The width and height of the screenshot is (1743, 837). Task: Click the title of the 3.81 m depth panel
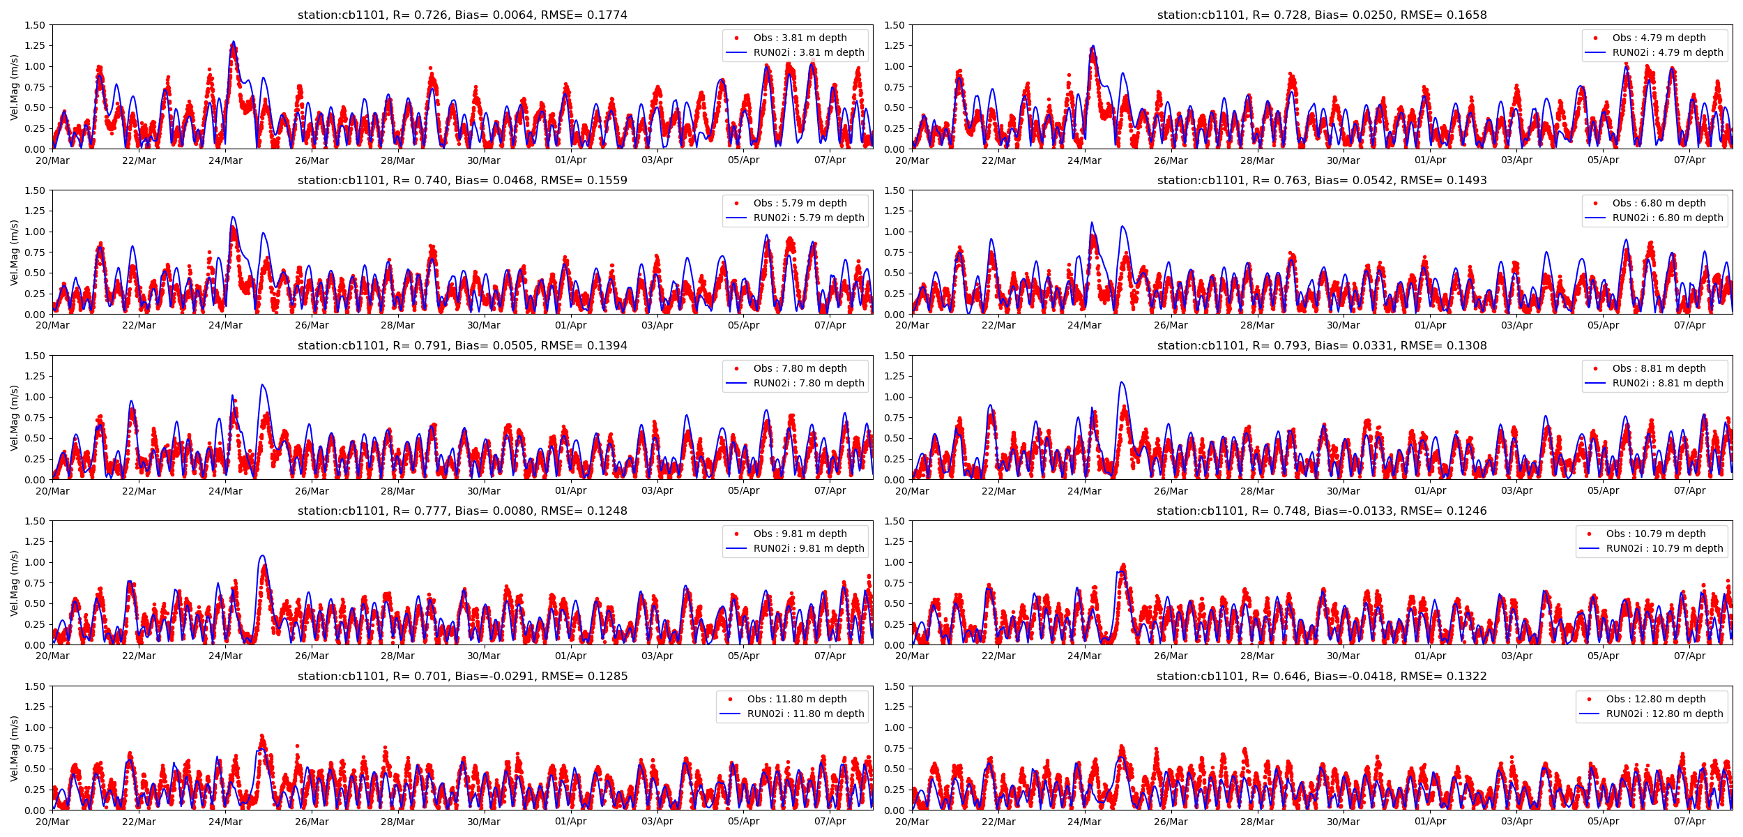pos(462,15)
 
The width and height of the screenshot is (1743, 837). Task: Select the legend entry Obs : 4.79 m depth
pos(1659,38)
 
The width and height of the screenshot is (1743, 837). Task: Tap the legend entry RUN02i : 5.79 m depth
pos(808,218)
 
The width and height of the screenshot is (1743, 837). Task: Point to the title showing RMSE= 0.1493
pos(1321,180)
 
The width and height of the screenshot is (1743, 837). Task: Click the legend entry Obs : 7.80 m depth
pos(800,368)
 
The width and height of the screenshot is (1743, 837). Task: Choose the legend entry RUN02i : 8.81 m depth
pos(1667,383)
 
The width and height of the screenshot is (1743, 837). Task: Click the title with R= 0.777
pos(462,511)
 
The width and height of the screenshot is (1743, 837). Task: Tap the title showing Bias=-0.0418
pos(1321,676)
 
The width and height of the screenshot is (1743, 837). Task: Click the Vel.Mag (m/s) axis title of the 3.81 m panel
pos(14,87)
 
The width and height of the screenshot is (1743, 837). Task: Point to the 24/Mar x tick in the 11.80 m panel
pos(225,822)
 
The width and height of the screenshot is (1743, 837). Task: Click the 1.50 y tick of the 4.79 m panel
pos(894,25)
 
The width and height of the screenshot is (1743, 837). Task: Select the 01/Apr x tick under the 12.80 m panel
pos(1430,822)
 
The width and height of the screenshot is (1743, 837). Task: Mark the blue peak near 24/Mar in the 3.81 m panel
pos(234,42)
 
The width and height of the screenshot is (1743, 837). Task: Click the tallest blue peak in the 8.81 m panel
pos(1121,382)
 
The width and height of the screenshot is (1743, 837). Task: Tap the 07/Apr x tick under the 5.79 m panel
pos(830,325)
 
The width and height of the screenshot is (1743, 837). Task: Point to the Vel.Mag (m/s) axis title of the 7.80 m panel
pos(14,418)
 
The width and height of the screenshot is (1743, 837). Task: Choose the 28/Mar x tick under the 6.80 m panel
pos(1257,325)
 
